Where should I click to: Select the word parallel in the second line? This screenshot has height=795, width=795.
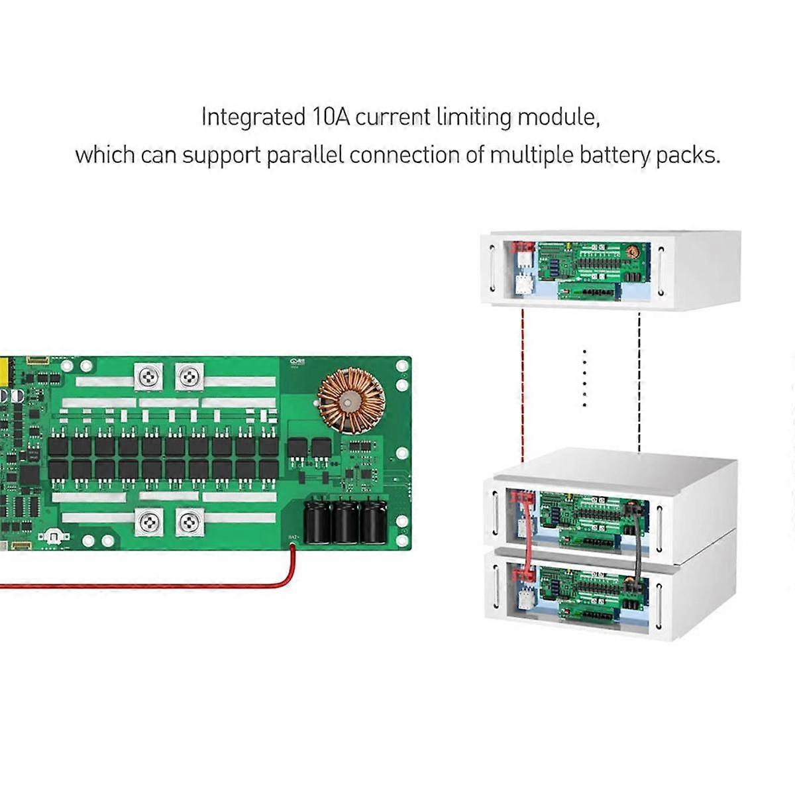point(305,156)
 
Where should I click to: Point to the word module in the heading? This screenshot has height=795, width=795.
point(558,117)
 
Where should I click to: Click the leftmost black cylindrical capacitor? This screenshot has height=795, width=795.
point(317,520)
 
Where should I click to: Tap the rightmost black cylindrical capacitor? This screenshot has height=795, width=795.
point(372,520)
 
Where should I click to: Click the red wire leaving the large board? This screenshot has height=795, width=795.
point(199,586)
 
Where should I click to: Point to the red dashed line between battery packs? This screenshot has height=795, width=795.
point(523,384)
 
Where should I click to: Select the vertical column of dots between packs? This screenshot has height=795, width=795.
point(584,378)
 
